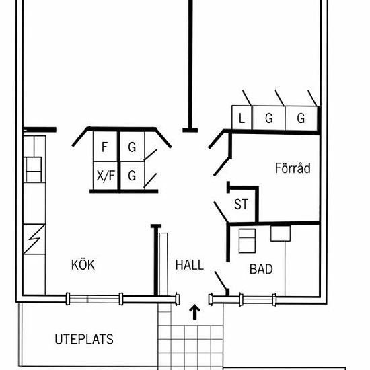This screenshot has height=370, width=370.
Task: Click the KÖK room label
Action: pos(83,265)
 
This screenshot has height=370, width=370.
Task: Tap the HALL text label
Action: pos(190,265)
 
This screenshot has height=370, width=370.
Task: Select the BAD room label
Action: pos(261,269)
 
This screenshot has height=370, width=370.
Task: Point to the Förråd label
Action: pos(293,168)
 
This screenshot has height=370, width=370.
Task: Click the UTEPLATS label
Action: pos(84,339)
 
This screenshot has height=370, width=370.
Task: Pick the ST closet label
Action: pos(241,204)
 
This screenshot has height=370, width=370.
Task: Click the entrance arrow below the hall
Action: pos(194,312)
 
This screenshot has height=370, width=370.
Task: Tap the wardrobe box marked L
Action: pos(242,118)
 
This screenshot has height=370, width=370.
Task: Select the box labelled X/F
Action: pos(106,176)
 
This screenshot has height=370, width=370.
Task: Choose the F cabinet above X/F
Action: pos(106,147)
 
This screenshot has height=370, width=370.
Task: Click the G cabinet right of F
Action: pos(132,147)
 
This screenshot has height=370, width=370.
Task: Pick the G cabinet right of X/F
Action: pos(132,176)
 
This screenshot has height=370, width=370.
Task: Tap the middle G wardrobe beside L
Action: pos(268,118)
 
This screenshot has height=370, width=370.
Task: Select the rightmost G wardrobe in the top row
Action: pos(301,118)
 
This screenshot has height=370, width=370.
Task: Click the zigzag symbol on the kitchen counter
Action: pos(34,239)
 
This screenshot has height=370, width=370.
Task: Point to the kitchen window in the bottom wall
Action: pos(94,299)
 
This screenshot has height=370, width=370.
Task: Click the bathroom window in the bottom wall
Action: pos(258,299)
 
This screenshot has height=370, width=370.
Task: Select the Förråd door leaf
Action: pos(221,167)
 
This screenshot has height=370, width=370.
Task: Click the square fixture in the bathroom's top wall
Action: pos(281,233)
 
